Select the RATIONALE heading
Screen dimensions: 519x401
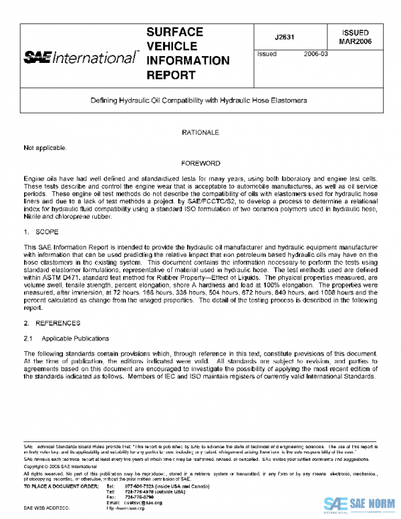200,133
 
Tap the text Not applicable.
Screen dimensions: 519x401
45,146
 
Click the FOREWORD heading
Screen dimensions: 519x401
200,163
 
